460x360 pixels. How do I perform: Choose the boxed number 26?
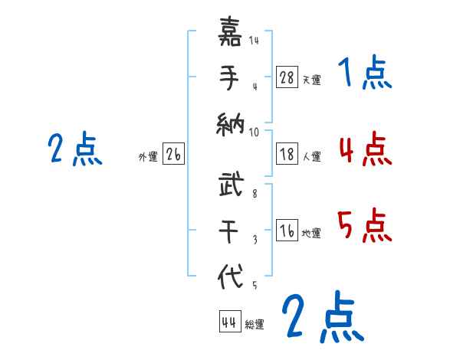(x=173, y=154)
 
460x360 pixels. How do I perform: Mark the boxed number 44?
(x=229, y=322)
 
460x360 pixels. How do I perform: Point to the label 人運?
(x=311, y=156)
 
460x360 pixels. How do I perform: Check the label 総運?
(x=255, y=325)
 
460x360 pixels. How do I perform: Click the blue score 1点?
(x=365, y=74)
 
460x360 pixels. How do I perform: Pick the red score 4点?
(x=365, y=149)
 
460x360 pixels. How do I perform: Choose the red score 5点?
(x=365, y=225)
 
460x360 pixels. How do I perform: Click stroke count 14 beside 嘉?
(x=254, y=41)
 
